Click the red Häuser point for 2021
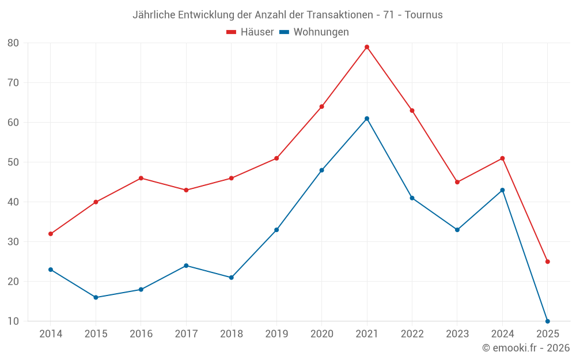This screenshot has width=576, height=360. click(367, 47)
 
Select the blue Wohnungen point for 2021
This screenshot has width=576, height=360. click(367, 119)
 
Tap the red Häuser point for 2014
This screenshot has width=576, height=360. click(51, 234)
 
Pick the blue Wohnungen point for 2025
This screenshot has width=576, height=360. click(548, 321)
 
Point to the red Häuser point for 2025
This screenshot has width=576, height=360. click(548, 262)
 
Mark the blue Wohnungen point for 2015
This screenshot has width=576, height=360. click(96, 297)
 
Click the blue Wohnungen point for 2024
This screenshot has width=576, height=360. click(502, 190)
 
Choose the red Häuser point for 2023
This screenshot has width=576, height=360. click(457, 182)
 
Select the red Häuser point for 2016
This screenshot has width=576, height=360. click(141, 178)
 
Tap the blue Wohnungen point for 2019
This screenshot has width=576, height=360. click(276, 230)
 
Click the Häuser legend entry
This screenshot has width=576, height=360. click(250, 32)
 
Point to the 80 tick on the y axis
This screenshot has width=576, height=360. click(13, 43)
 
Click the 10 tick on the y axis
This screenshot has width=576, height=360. click(13, 321)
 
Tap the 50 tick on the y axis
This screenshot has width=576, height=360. click(13, 162)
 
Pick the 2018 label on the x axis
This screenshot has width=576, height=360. click(231, 334)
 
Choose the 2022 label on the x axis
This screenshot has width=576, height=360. click(412, 334)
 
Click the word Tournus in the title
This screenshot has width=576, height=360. click(424, 15)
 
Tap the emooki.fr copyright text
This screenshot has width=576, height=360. click(526, 348)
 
